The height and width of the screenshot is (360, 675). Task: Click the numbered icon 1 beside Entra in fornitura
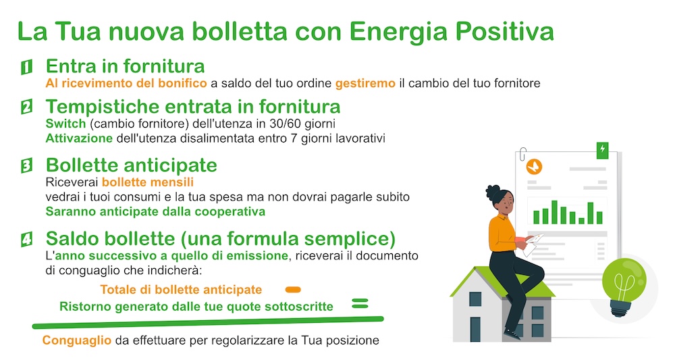coord(27,67)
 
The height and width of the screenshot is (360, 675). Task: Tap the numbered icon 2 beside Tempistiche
coord(27,107)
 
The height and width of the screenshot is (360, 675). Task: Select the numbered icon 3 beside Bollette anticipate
coord(27,165)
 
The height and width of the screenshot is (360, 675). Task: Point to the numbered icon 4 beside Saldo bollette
coord(27,239)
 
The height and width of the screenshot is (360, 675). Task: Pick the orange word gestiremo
coord(365,83)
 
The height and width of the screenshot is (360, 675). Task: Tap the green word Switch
coord(66,124)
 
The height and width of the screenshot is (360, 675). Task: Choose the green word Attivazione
coord(79,138)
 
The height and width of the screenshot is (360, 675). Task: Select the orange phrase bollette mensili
coord(148,182)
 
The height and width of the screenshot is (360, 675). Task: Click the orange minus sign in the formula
coord(293,290)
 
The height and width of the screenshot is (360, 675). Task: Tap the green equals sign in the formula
coord(360,303)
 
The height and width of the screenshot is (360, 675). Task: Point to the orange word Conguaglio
coord(77,340)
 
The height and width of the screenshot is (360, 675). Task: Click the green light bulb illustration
coord(623,286)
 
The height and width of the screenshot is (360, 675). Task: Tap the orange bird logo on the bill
coord(534,167)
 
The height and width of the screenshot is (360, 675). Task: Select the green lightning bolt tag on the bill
coord(602,151)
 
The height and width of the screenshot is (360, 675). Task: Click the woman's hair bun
coord(492,190)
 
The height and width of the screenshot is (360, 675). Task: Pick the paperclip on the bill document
coord(522,155)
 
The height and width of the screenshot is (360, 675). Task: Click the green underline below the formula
coord(208,322)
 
